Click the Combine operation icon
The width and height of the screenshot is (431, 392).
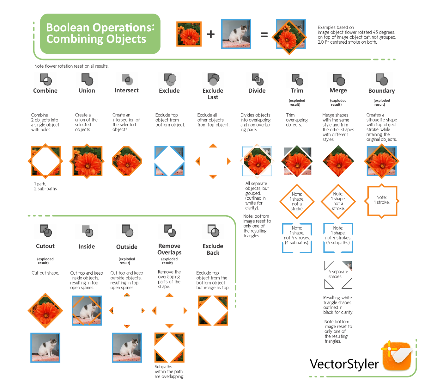(46, 79)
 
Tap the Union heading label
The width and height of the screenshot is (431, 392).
(87, 91)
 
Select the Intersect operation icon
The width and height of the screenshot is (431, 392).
(127, 79)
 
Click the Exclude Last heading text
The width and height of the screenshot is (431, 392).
(213, 94)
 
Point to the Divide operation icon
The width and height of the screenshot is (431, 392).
(257, 79)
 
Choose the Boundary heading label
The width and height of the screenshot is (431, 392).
(381, 91)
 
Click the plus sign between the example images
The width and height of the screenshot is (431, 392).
(211, 34)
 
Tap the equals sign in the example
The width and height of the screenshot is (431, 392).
(264, 35)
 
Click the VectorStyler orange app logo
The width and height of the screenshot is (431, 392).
(397, 356)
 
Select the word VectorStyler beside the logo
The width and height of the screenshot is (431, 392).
(344, 364)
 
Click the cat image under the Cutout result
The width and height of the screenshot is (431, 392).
(46, 347)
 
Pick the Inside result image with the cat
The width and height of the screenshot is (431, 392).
(87, 310)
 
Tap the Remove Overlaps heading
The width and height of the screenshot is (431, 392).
(169, 249)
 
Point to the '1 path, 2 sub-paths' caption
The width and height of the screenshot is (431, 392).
(46, 186)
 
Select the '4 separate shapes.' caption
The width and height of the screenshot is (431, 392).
(338, 274)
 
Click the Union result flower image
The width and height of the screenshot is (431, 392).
(87, 161)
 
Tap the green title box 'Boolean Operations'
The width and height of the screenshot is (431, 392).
(100, 34)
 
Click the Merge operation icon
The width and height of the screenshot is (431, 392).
(338, 79)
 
